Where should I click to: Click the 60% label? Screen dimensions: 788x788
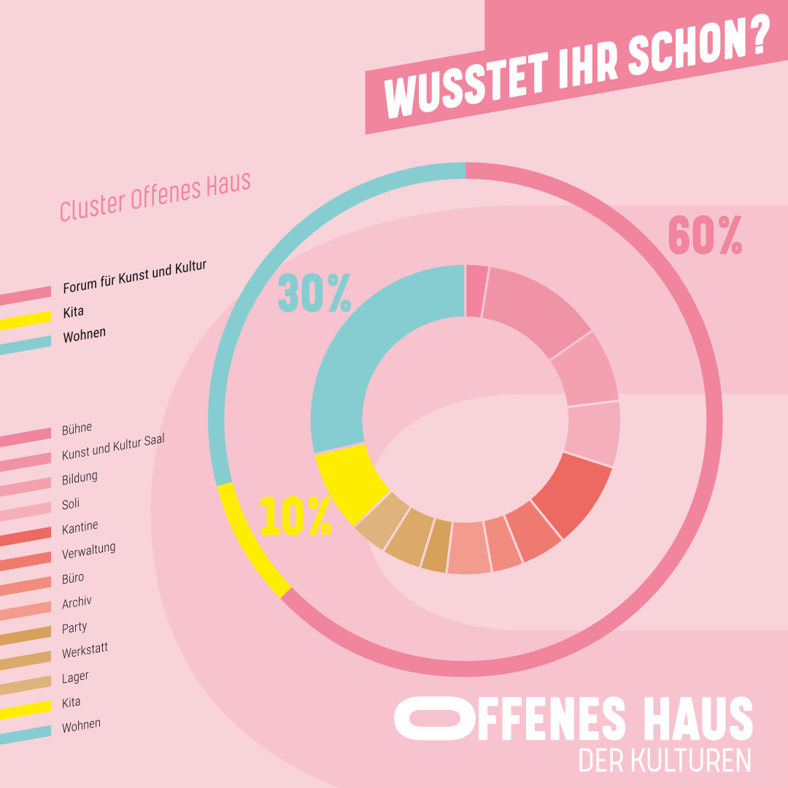(x=705, y=236)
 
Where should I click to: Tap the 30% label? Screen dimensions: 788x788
(x=314, y=293)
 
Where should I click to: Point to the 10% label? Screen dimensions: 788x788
(x=295, y=517)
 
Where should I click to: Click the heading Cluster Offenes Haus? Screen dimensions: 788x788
(x=155, y=196)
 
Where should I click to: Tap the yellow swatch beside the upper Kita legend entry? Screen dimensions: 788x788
(x=26, y=319)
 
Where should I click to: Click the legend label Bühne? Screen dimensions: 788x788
(x=77, y=428)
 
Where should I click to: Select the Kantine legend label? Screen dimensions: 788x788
(x=80, y=527)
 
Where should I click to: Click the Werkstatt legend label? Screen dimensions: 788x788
(x=85, y=650)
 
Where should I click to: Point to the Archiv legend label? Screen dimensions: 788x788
(x=77, y=603)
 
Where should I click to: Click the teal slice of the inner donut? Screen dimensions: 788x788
(x=365, y=350)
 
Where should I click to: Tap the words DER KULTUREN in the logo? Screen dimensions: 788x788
(x=664, y=760)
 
